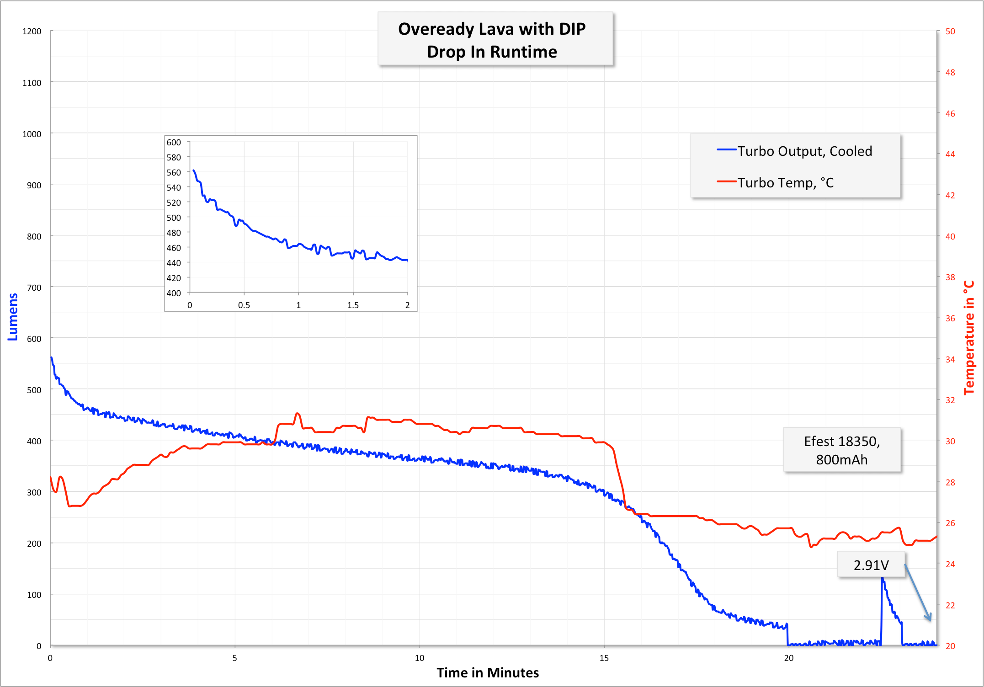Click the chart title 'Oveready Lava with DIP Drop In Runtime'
pyautogui.click(x=492, y=40)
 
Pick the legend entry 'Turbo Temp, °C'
pyautogui.click(x=785, y=183)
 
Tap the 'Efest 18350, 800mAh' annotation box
pyautogui.click(x=842, y=450)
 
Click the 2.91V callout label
pyautogui.click(x=871, y=565)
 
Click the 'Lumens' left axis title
pyautogui.click(x=13, y=317)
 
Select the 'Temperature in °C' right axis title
pyautogui.click(x=969, y=337)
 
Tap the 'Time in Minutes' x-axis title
pyautogui.click(x=487, y=673)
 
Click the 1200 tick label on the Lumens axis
pyautogui.click(x=32, y=32)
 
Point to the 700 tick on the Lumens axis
pyautogui.click(x=34, y=288)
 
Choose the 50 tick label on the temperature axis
pyautogui.click(x=950, y=32)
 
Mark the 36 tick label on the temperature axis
pyautogui.click(x=950, y=319)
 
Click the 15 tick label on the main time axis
pyautogui.click(x=604, y=658)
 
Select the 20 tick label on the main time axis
pyautogui.click(x=789, y=658)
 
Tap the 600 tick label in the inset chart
pyautogui.click(x=174, y=143)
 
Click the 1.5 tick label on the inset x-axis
pyautogui.click(x=353, y=305)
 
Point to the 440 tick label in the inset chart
pyautogui.click(x=174, y=263)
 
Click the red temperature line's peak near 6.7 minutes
pyautogui.click(x=298, y=413)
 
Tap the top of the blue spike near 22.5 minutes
pyautogui.click(x=883, y=579)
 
